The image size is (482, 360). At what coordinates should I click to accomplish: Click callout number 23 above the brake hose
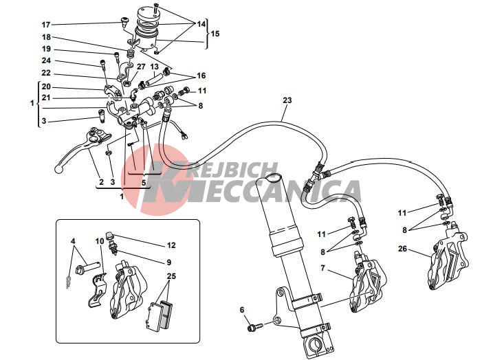point(287,100)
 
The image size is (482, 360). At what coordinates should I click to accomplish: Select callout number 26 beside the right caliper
point(402,249)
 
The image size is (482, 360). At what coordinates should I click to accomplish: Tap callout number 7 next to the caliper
point(322,268)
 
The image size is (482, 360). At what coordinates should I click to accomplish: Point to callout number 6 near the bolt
point(242,310)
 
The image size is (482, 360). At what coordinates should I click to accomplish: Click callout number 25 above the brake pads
point(171,276)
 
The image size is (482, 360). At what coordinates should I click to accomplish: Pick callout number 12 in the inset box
point(171,245)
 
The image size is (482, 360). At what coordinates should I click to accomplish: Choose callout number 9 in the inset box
point(168,262)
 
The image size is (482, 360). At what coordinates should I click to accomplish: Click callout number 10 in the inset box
point(100,241)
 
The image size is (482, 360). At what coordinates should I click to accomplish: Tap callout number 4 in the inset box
point(73,241)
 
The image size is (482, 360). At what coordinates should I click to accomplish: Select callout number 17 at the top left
point(46,25)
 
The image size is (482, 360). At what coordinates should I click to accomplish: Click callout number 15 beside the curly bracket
point(215,34)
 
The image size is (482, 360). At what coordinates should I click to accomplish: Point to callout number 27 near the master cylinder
point(141,67)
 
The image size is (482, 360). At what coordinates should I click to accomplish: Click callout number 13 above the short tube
point(154,67)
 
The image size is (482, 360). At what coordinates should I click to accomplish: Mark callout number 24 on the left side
point(46,60)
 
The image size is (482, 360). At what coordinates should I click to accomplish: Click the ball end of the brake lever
point(58,168)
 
